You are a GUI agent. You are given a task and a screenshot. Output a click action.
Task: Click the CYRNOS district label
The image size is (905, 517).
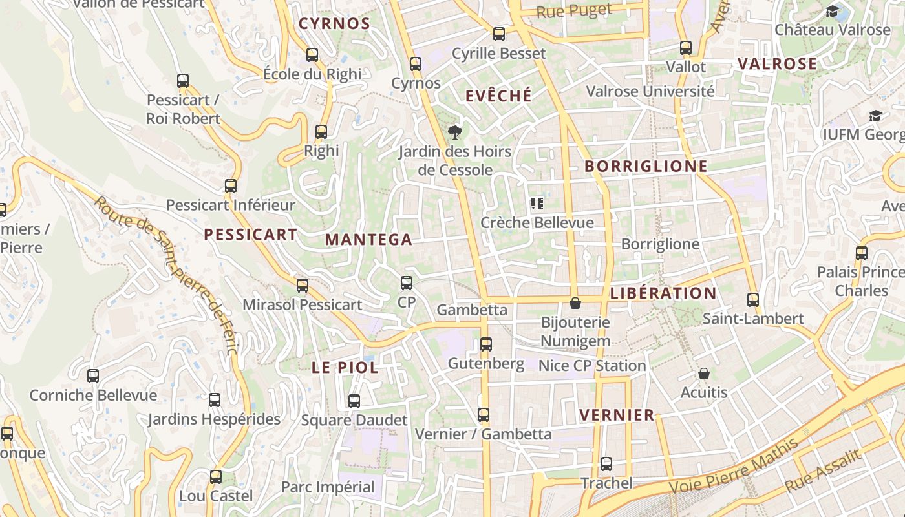point(334,25)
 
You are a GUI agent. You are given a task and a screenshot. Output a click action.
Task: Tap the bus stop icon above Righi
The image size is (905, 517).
point(321,132)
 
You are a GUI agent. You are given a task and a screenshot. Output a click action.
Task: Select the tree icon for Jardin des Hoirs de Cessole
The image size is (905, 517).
point(455,132)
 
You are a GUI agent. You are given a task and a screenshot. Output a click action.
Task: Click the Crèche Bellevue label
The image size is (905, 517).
point(537,223)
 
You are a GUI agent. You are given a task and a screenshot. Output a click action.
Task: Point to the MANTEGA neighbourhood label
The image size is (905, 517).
point(368,240)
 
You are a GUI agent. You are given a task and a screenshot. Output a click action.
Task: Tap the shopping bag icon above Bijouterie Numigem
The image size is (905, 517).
point(575,303)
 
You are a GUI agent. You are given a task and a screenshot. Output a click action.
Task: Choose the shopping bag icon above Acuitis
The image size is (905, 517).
point(704,374)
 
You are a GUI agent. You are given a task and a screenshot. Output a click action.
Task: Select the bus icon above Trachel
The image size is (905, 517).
point(606,463)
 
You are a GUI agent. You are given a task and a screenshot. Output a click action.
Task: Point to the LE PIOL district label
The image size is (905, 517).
point(345,368)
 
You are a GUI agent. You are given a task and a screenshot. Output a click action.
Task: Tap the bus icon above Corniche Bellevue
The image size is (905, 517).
point(93,375)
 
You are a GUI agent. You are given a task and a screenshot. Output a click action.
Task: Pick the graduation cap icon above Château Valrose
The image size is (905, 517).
point(833,11)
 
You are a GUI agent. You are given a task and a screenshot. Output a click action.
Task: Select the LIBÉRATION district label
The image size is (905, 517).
point(663,293)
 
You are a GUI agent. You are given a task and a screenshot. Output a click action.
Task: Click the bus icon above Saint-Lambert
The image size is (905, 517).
point(753,300)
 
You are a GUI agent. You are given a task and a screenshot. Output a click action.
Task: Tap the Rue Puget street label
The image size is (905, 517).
point(574,11)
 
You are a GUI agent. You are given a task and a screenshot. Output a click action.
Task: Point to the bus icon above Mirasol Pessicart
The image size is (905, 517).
point(302,285)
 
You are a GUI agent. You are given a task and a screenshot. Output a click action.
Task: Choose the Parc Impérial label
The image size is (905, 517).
point(328,487)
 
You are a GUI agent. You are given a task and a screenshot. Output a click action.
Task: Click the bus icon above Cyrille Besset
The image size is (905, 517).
point(499,34)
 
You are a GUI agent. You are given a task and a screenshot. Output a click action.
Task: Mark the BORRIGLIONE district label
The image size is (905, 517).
point(646,167)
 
